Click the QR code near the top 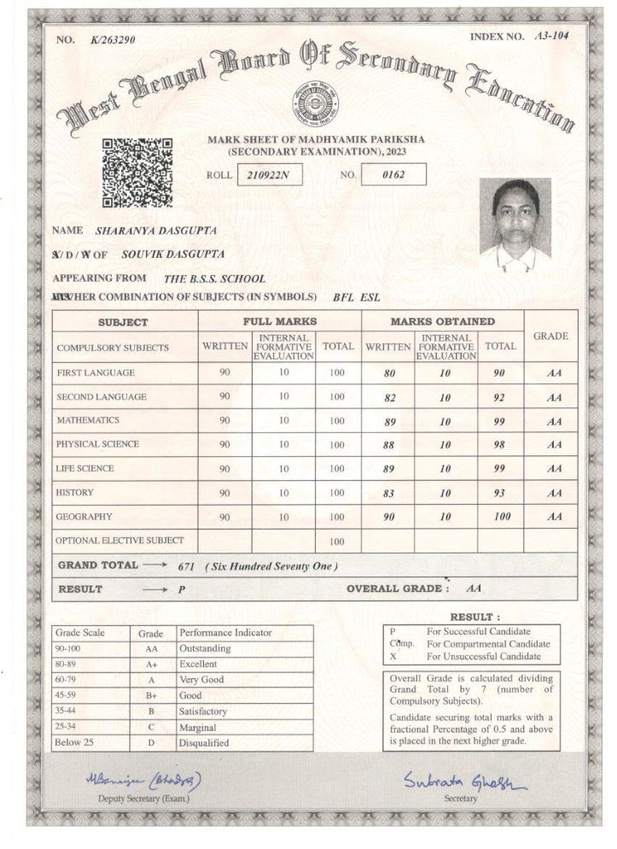[137, 173]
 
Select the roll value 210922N [268, 175]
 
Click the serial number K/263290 [113, 40]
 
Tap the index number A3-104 [551, 36]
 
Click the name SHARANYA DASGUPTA [155, 231]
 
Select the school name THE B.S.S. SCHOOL [214, 278]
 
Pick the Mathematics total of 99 [500, 421]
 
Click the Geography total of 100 [500, 517]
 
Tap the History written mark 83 [389, 493]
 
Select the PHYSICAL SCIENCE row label [97, 444]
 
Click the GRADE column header [550, 336]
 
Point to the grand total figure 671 [187, 566]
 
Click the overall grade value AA [474, 588]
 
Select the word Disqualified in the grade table [204, 743]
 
